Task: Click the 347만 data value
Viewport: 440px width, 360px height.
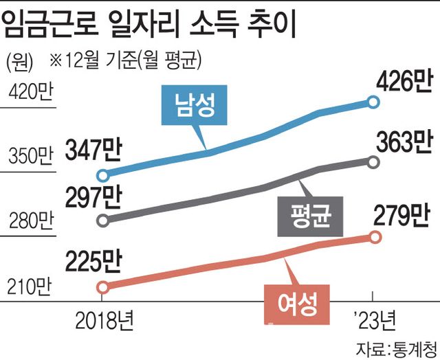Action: coord(94,148)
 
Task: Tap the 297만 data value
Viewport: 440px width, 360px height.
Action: coord(94,197)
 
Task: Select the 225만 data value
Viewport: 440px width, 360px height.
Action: coord(94,263)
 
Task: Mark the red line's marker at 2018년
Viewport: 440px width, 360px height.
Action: coord(102,287)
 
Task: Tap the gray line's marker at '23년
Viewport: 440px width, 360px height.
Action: coord(373,162)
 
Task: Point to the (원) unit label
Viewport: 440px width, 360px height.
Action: coord(21,61)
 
